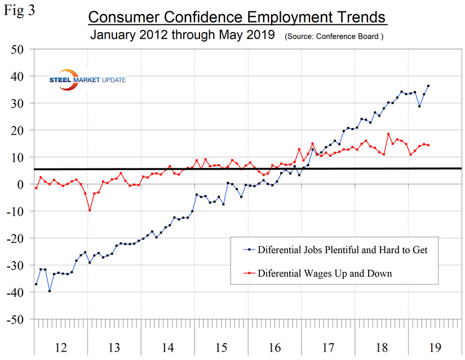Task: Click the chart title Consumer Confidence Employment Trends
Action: click(237, 17)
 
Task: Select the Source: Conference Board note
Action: click(335, 36)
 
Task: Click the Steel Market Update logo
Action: click(87, 79)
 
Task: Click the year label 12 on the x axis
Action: click(60, 346)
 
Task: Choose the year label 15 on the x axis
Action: click(221, 346)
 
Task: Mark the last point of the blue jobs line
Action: click(428, 86)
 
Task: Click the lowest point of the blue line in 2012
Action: click(50, 291)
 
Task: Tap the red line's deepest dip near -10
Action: click(90, 210)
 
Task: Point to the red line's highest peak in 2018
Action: click(388, 134)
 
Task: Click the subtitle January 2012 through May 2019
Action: click(183, 35)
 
